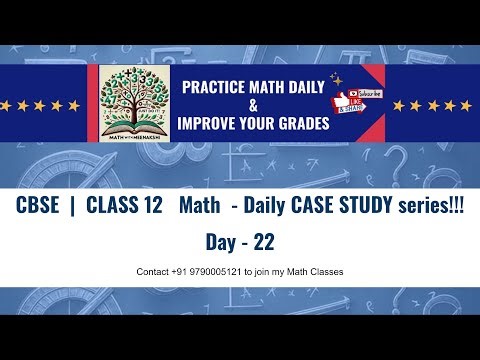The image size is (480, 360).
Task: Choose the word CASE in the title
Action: [319, 206]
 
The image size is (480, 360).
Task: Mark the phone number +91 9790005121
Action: [209, 272]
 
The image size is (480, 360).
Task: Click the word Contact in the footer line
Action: [154, 272]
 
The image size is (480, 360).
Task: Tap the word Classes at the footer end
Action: [326, 272]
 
